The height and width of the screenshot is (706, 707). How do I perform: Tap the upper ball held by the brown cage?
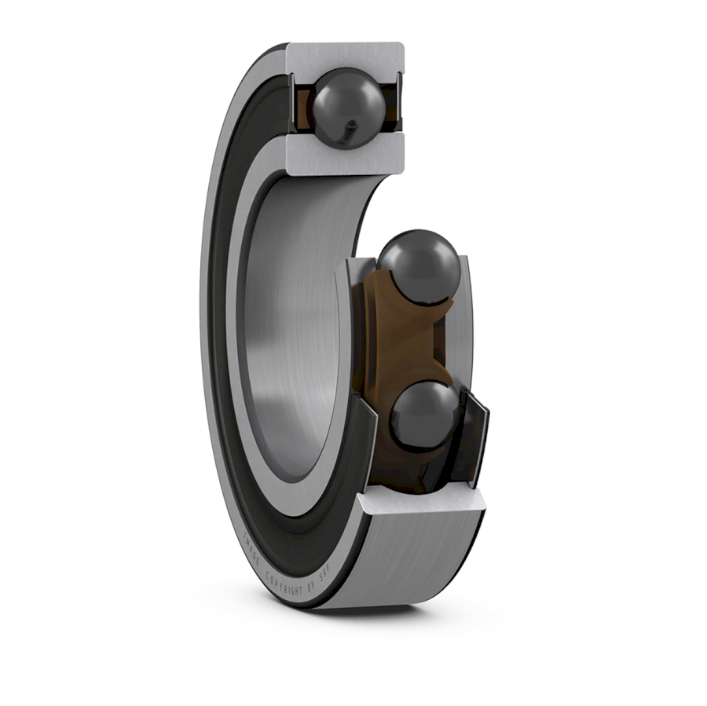coord(419,265)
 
